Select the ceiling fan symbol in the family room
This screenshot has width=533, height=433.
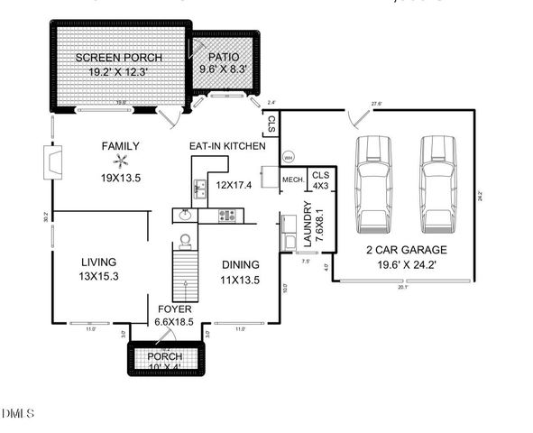(106, 161)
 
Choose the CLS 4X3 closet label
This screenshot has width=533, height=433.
(322, 180)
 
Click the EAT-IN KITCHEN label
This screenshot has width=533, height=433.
(226, 145)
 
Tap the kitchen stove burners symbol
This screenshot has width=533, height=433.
(227, 216)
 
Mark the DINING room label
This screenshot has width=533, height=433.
(241, 264)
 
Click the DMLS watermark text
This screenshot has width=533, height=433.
(19, 414)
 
